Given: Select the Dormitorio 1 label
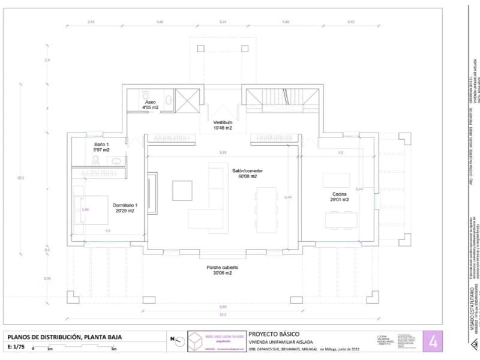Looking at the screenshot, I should [x=125, y=205].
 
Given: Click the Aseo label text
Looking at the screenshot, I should [x=149, y=102].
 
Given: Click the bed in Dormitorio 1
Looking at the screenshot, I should [x=91, y=209].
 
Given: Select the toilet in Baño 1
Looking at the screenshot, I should [x=96, y=160].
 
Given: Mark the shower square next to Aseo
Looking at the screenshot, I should [x=187, y=98].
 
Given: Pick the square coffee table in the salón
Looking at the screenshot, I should [x=182, y=190].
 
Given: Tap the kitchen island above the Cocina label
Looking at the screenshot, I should [x=336, y=180].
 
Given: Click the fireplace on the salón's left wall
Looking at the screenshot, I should [x=152, y=193].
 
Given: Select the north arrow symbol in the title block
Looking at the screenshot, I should [x=175, y=340].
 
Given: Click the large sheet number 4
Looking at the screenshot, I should [x=433, y=342].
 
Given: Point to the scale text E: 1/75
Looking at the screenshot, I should [x=19, y=347].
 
